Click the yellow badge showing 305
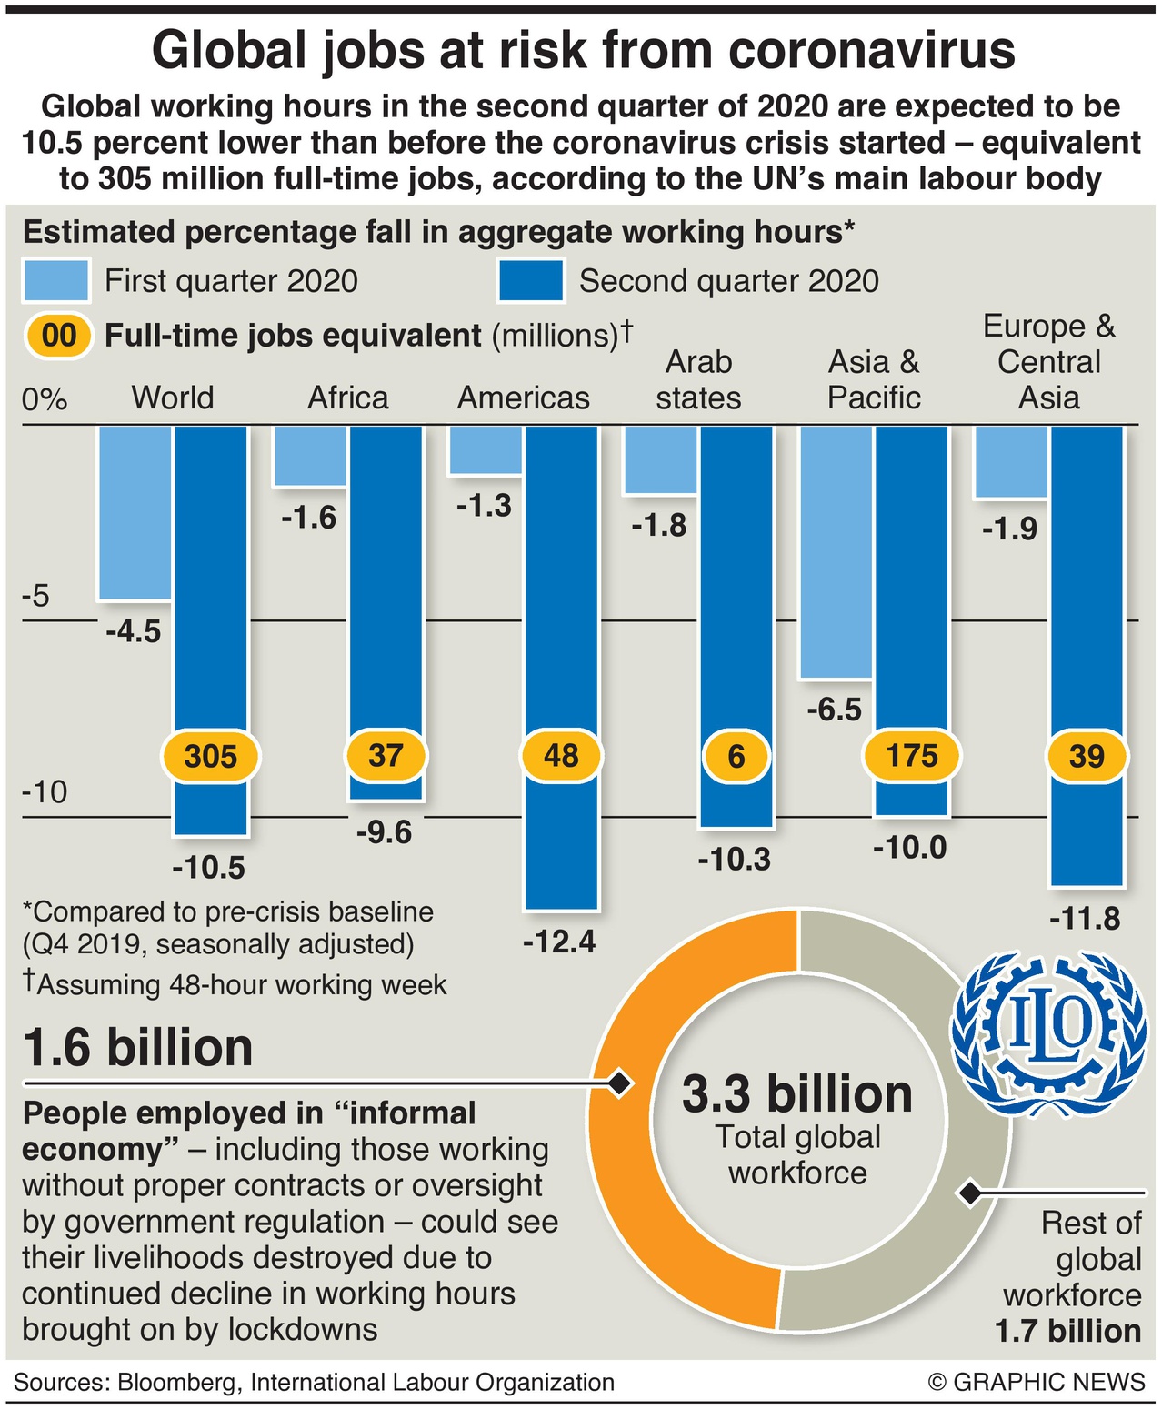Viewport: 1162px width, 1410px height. (x=210, y=755)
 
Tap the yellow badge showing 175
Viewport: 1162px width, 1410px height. (x=911, y=755)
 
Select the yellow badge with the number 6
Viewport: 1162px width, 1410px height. (x=736, y=755)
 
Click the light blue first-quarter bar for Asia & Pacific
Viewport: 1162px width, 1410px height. (x=836, y=551)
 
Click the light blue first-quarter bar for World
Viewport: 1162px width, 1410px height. (x=135, y=512)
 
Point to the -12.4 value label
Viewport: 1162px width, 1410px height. (x=559, y=942)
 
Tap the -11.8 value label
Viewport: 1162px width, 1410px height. (x=1085, y=919)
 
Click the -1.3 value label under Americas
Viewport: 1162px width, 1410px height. (x=484, y=506)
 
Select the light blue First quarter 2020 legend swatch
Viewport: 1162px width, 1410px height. (x=56, y=280)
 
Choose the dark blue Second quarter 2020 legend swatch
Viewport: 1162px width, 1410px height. (x=531, y=280)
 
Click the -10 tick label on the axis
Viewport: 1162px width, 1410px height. (x=45, y=792)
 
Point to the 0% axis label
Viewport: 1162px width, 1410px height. (x=45, y=399)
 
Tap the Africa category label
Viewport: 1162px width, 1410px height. (x=348, y=398)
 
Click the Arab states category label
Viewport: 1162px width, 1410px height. (x=698, y=380)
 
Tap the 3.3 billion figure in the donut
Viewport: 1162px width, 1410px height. (x=797, y=1093)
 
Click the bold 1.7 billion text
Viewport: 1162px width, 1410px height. (x=1068, y=1331)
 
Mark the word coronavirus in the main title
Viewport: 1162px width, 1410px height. (x=872, y=50)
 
